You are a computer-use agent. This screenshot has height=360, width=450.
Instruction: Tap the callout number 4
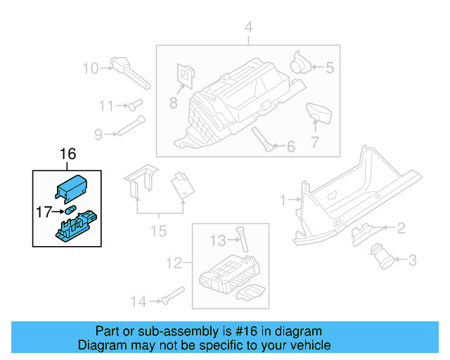tap(247, 27)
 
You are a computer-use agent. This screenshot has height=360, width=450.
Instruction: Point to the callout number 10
tap(91, 68)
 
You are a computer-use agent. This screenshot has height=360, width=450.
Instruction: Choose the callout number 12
tap(173, 264)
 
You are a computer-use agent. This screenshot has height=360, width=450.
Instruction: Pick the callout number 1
tap(283, 200)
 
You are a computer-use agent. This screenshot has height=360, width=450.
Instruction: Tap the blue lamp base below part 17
tap(74, 227)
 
